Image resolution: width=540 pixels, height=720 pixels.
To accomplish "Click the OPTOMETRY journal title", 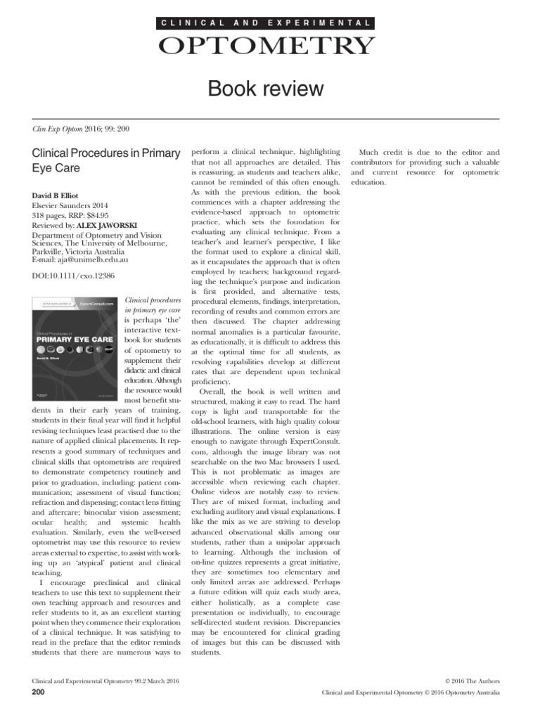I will pos(266,46).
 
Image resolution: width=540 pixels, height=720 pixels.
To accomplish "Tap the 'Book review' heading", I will pos(266,89).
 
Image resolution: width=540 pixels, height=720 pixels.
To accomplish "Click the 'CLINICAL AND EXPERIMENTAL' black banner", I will pos(266,23).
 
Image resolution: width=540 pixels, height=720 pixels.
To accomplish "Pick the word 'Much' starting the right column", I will pos(370,152).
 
